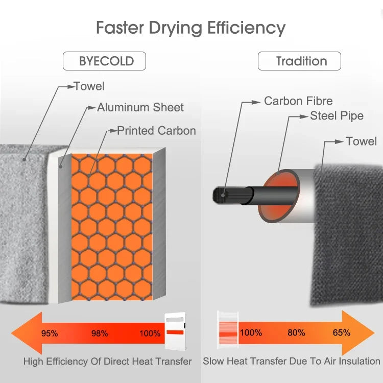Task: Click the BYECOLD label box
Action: [104, 61]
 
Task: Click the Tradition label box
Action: [299, 61]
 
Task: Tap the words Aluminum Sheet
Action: [140, 107]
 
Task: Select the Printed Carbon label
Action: [157, 131]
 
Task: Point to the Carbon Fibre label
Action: [298, 101]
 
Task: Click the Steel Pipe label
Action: [337, 116]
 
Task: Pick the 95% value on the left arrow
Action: [50, 333]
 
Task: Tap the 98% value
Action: [100, 333]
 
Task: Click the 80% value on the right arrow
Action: [296, 332]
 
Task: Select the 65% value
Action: [342, 332]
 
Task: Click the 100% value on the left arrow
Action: [150, 333]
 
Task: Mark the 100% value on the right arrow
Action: [251, 332]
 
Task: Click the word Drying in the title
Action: [176, 28]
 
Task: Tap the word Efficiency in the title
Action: [247, 28]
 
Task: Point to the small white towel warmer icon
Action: [175, 331]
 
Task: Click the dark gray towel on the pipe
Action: [347, 235]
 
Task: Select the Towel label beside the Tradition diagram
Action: [362, 141]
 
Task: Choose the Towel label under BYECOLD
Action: [89, 86]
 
